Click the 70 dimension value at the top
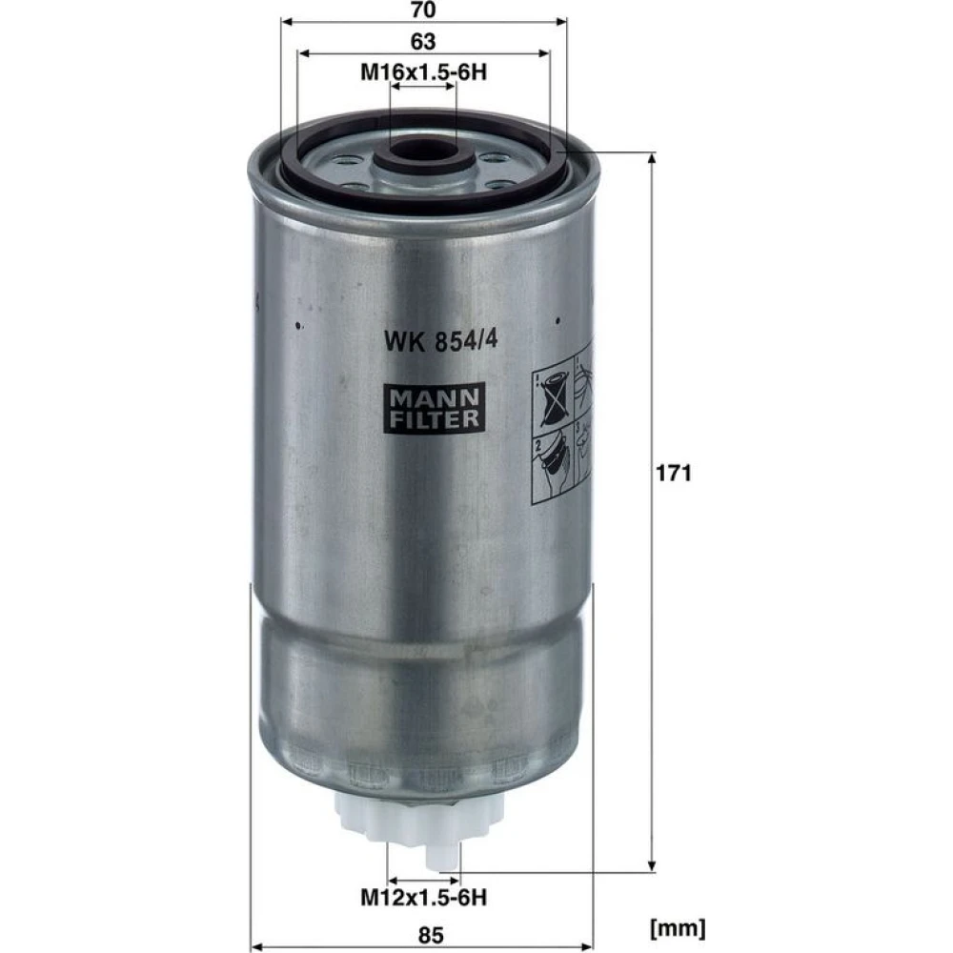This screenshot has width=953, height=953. [423, 10]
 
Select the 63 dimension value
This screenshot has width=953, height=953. [423, 41]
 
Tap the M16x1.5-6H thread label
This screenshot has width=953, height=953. [424, 73]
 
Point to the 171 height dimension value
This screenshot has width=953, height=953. [674, 473]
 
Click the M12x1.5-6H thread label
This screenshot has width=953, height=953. [424, 897]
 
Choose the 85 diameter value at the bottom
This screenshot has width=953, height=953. [431, 935]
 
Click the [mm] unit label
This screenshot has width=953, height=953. [678, 928]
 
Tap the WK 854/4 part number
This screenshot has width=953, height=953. [440, 340]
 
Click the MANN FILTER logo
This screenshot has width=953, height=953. [434, 408]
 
